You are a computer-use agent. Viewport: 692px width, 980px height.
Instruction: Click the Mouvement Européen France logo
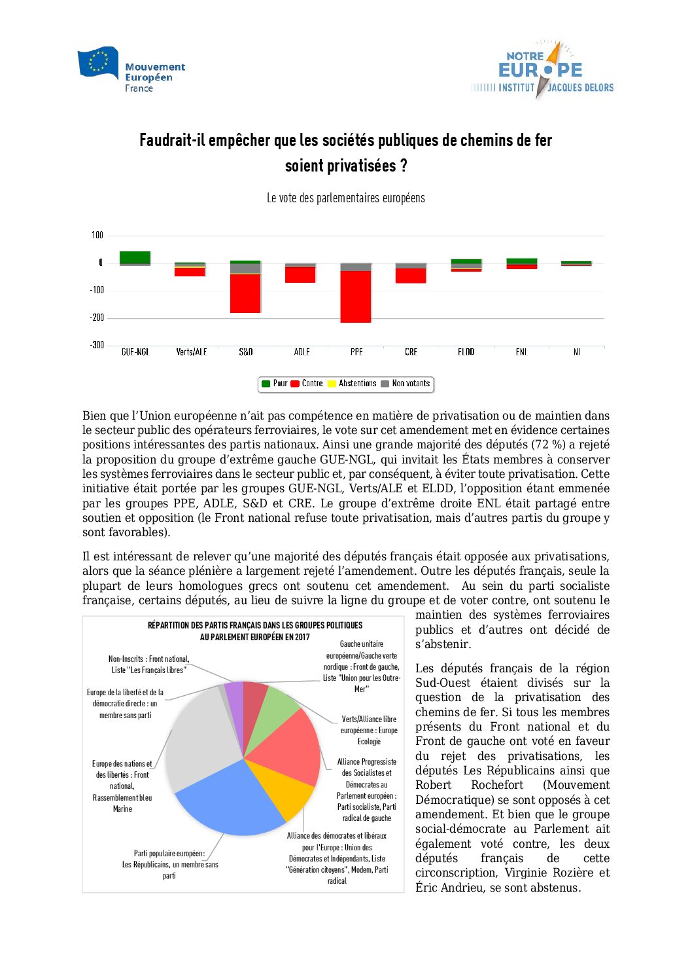[x=131, y=70]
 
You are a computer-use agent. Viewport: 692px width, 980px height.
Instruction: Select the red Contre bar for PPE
[x=356, y=297]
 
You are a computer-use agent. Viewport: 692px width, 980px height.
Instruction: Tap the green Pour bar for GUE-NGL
[x=135, y=257]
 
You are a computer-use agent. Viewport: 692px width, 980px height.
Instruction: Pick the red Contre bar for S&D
[x=245, y=293]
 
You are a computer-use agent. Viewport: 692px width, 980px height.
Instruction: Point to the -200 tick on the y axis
[x=97, y=318]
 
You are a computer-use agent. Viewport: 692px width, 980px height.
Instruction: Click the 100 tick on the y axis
[x=97, y=235]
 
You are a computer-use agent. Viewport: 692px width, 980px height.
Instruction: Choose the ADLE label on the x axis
[x=302, y=352]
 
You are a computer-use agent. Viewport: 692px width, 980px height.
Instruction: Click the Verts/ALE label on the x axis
[x=191, y=352]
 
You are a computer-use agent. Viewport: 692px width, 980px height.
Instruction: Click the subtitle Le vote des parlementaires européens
[x=345, y=198]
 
